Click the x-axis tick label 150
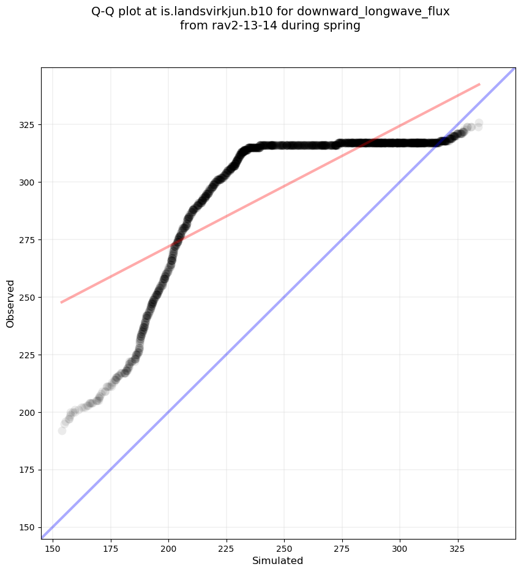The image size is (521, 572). point(53,546)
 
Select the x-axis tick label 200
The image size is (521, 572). point(168,546)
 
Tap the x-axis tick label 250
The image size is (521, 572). point(284,546)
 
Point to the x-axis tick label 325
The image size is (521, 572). point(457,546)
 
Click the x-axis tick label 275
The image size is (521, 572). point(342,546)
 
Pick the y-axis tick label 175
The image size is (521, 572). point(29,470)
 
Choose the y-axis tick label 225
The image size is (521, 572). point(29,355)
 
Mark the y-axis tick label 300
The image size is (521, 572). point(29,182)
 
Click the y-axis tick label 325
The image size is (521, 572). point(29,124)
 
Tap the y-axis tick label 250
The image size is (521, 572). point(29,297)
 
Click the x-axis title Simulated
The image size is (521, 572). point(278,560)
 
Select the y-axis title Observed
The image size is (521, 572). point(10,303)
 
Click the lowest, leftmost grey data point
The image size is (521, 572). point(62,431)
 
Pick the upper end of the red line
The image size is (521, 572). point(479,84)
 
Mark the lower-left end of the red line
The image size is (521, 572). point(61,302)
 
